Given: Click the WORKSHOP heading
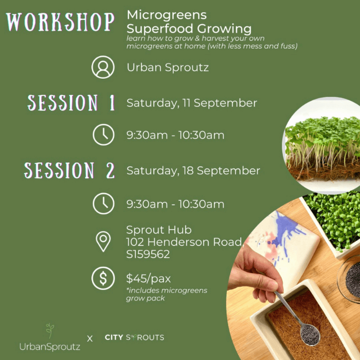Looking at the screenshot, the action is [x=60, y=22].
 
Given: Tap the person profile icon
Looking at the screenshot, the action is [x=103, y=67].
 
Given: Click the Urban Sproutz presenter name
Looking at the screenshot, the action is [x=167, y=67].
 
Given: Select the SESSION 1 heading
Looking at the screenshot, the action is [x=71, y=103].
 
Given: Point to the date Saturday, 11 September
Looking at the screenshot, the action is [x=192, y=103].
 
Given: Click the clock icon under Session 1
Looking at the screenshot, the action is [x=103, y=135].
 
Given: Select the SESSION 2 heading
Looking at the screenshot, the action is [x=69, y=171].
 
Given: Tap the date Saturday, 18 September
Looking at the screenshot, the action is [x=193, y=171].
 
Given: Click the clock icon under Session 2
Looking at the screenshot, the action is [x=103, y=203].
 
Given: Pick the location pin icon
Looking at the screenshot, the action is [x=103, y=241].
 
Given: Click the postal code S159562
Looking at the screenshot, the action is [x=148, y=254].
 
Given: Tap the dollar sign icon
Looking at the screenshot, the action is [x=103, y=278].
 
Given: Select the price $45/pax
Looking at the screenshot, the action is [x=148, y=279].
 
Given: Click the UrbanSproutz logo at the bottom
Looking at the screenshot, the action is [x=50, y=337].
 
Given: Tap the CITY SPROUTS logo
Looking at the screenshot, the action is [x=134, y=337].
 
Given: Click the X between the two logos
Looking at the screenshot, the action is [x=90, y=338].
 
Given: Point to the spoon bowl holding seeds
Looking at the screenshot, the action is [x=310, y=333].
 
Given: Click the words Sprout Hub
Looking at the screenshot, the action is [x=159, y=230].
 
